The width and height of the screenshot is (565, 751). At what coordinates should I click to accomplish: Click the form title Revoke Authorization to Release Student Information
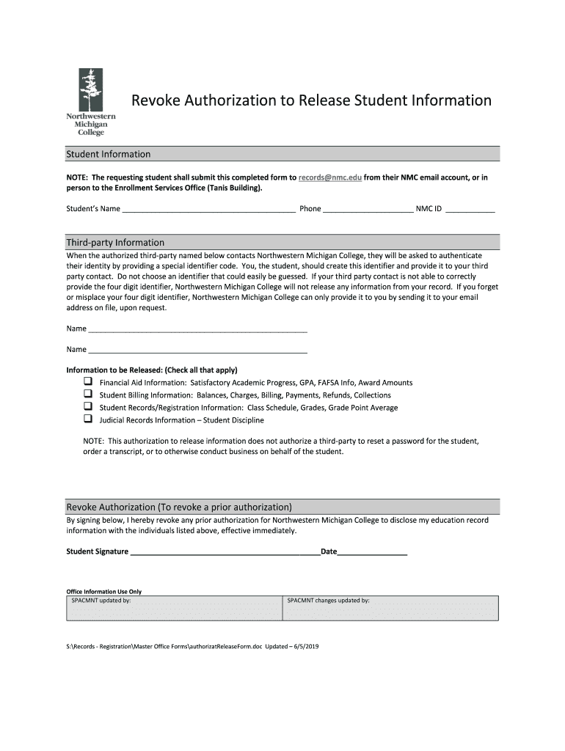[x=311, y=100]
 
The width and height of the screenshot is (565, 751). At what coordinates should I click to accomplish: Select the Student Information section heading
[x=109, y=154]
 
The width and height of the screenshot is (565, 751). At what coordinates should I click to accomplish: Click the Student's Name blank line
[x=208, y=209]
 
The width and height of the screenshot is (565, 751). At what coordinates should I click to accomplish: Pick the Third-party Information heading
[x=115, y=242]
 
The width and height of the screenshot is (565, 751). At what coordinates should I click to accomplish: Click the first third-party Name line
[x=197, y=329]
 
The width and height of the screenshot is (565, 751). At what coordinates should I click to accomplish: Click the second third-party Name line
[x=197, y=349]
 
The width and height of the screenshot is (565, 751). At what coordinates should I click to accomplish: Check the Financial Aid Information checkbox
[x=87, y=382]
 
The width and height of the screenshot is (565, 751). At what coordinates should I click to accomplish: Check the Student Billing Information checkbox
[x=87, y=395]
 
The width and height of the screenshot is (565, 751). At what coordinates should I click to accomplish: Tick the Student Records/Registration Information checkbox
[x=87, y=407]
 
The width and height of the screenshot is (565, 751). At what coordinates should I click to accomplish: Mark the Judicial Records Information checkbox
[x=87, y=420]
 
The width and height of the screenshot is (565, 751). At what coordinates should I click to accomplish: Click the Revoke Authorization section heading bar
[x=282, y=507]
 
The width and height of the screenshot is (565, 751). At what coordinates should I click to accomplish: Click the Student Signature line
[x=225, y=552]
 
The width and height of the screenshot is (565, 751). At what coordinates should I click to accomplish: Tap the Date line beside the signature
[x=372, y=552]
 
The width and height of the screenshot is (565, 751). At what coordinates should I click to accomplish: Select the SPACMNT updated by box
[x=174, y=608]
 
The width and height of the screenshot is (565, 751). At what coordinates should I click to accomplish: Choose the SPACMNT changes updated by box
[x=390, y=608]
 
